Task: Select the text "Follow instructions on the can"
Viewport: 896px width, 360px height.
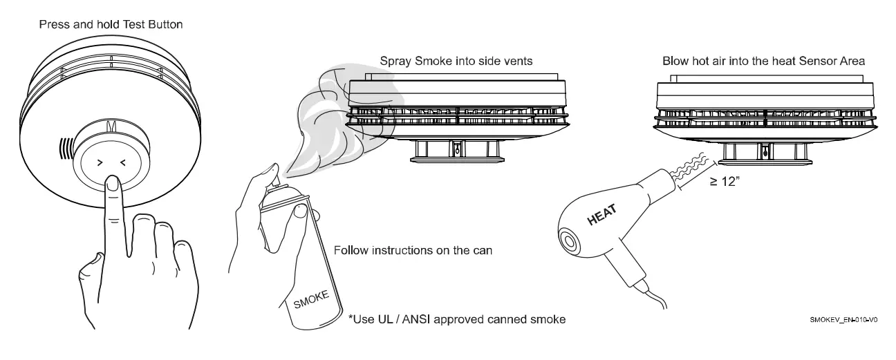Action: [x=413, y=250]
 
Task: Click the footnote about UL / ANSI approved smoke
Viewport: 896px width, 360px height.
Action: [x=457, y=320]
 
